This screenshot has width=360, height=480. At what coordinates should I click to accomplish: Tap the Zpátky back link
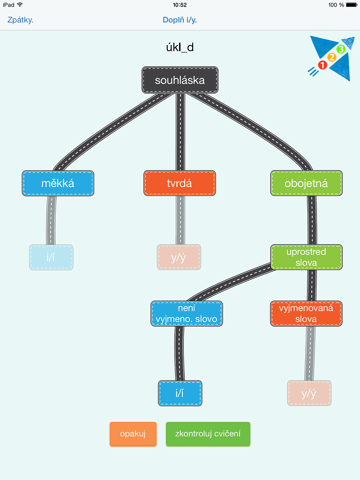click(20, 20)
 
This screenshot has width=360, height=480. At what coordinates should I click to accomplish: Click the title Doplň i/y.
click(180, 20)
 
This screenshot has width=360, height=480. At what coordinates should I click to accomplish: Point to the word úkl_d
click(180, 47)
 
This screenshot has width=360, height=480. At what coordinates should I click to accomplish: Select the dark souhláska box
click(180, 80)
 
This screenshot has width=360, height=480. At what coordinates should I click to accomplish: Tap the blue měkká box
click(58, 183)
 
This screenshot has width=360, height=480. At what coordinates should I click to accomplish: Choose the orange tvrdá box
click(180, 183)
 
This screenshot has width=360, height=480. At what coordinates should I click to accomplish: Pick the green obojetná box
click(307, 183)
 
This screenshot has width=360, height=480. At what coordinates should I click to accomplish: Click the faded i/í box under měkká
click(51, 257)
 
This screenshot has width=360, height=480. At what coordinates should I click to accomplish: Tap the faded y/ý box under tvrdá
click(179, 257)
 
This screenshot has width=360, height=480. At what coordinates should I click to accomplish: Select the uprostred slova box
click(307, 257)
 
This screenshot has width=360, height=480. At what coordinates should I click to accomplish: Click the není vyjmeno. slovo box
click(187, 314)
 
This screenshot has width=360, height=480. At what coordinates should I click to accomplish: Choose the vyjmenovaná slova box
click(306, 314)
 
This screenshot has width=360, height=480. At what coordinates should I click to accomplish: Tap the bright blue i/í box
click(180, 393)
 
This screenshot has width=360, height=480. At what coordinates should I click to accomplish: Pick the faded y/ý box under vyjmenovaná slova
click(309, 393)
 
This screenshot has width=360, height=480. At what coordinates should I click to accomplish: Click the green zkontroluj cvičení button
click(208, 434)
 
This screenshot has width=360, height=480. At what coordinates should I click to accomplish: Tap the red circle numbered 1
click(322, 65)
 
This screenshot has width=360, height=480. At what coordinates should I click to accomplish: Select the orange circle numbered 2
click(332, 57)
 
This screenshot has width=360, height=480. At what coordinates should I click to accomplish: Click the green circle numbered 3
click(341, 49)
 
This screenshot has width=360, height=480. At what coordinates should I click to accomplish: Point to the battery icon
click(352, 5)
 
